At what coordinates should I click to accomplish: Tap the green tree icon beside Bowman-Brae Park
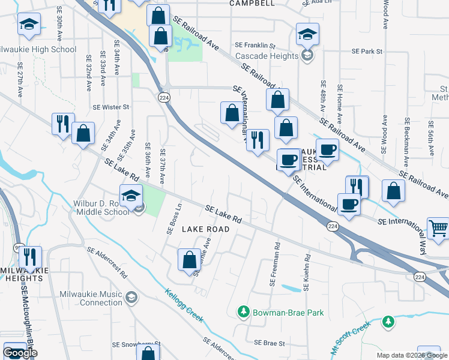244,312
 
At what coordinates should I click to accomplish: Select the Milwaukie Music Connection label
91,298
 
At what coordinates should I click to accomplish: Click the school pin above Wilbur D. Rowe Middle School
131,195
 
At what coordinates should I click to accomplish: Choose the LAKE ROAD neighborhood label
205,229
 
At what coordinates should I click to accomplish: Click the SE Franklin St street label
255,46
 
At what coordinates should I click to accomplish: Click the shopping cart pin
438,229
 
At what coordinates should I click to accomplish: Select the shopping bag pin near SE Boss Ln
189,260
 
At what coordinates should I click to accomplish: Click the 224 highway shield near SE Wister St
163,97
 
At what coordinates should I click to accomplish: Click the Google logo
20,353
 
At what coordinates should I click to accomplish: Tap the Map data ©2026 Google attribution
412,355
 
